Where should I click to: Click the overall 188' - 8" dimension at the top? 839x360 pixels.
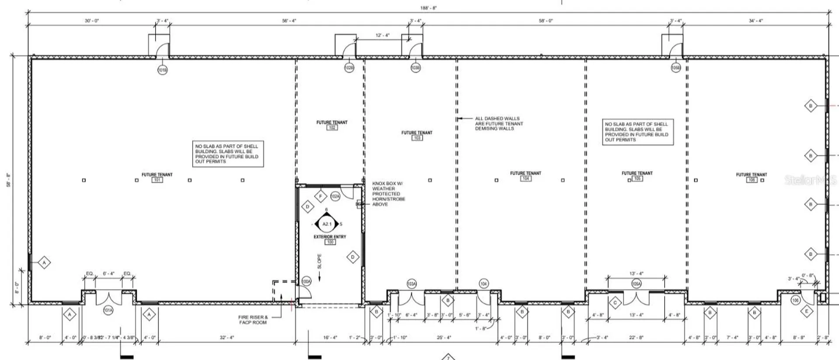[x=428, y=8]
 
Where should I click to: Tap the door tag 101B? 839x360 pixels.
[x=162, y=70]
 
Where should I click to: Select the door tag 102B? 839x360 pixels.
[x=349, y=68]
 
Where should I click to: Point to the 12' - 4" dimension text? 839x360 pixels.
[x=382, y=35]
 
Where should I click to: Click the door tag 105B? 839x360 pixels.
[x=676, y=68]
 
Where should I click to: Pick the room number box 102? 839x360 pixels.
[x=332, y=128]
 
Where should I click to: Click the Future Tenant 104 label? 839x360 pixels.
[x=525, y=173]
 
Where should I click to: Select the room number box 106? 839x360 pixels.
[x=751, y=180]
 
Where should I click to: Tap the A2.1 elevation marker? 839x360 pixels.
[x=327, y=224]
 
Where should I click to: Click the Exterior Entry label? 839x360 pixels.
[x=329, y=237]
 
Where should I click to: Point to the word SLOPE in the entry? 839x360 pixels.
[x=319, y=261]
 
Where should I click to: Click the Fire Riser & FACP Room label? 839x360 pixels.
[x=253, y=320]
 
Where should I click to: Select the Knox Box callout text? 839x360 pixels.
[x=388, y=194]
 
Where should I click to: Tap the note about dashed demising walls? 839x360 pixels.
[x=499, y=123]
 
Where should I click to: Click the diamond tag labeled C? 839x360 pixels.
[x=615, y=302]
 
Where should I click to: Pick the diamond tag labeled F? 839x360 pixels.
[x=321, y=197]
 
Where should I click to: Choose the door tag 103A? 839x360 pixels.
[x=411, y=284]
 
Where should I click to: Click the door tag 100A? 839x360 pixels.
[x=306, y=282]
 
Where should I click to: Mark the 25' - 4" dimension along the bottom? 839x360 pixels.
[x=444, y=337]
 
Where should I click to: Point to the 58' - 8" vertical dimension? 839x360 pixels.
[x=8, y=180]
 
